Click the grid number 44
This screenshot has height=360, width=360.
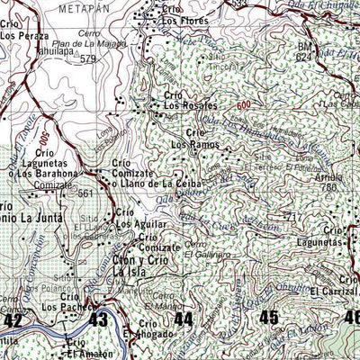(x=184, y=319)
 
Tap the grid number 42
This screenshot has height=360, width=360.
(x=13, y=319)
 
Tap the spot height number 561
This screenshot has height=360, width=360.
(x=85, y=193)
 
